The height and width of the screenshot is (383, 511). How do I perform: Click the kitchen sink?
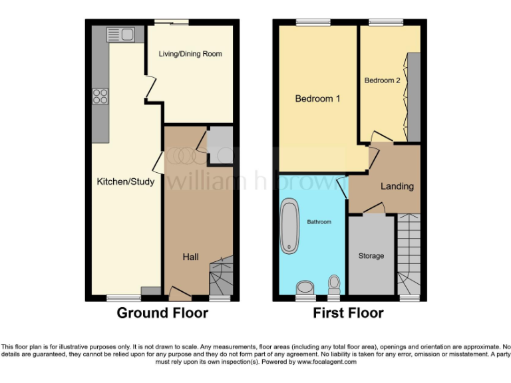coord(120,34)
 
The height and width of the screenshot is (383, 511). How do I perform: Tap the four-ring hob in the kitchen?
coord(100,96)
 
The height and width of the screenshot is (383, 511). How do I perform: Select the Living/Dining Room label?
coord(190,54)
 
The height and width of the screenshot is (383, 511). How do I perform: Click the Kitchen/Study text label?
coord(126,182)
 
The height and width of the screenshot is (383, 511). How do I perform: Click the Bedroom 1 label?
coord(318,98)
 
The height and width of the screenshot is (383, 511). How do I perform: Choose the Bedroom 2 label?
coord(382,80)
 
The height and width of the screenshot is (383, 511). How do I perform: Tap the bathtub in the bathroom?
coord(291,226)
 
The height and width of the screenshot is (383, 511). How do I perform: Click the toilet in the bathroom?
coord(334,285)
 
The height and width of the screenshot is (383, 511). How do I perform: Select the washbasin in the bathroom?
coord(305,287)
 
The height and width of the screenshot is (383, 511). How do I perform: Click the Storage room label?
coord(371,256)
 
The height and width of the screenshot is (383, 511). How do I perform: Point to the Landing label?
coord(397,186)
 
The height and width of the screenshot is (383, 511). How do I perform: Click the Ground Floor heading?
coord(162,313)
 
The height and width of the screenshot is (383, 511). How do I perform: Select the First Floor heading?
coord(349,313)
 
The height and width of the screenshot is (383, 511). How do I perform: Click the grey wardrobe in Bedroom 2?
coord(413,98)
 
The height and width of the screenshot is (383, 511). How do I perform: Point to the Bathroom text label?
coord(318,222)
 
